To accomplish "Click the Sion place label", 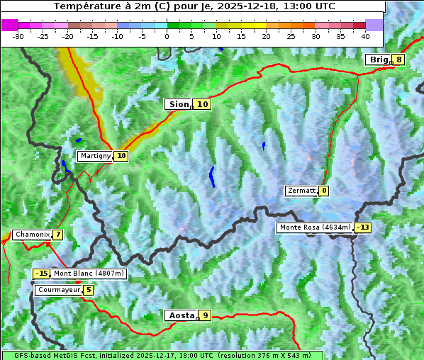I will [178, 104].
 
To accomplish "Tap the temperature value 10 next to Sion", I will [203, 104].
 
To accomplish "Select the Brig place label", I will [379, 60].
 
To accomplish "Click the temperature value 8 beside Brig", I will [399, 60].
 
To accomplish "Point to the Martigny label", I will [95, 156].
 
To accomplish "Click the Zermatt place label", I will [301, 191].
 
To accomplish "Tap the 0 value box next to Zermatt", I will [324, 191].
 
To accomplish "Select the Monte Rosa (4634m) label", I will [315, 227].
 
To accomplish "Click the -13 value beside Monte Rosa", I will [363, 227].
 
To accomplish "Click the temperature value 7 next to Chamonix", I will [57, 235].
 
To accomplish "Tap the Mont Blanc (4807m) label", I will [89, 274].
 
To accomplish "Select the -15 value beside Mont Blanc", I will [42, 274].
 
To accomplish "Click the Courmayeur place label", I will [58, 290].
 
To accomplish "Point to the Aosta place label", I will [180, 315].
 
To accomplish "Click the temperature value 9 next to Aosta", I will [205, 315].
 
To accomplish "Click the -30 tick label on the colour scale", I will [18, 35].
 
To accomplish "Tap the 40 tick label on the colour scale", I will [365, 35].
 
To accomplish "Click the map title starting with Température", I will [194, 6].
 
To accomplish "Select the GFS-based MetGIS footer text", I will [162, 355].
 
